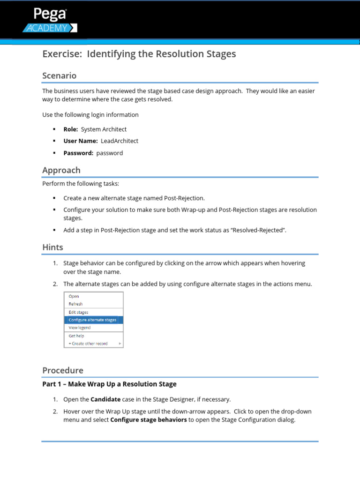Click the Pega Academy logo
click(50, 20)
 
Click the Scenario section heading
click(59, 75)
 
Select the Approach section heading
click(61, 170)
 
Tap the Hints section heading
click(52, 247)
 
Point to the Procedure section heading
click(62, 370)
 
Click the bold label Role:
click(70, 129)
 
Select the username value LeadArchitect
click(120, 141)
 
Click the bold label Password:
click(78, 153)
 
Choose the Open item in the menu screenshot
click(74, 296)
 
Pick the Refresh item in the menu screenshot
click(75, 304)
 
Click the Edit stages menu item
click(78, 312)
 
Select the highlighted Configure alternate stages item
click(92, 320)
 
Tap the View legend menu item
click(80, 328)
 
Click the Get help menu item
click(76, 336)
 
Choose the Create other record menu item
click(89, 344)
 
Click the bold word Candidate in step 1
click(105, 399)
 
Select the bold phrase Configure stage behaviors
click(148, 420)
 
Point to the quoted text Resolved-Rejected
click(255, 230)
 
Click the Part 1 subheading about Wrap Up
click(109, 384)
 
